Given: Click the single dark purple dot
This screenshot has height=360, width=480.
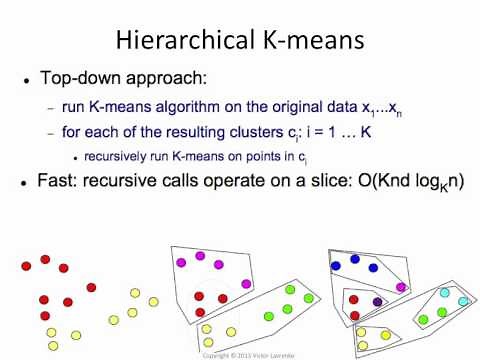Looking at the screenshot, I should tap(377, 301).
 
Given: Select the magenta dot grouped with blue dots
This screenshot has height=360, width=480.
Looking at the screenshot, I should tap(401, 286).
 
